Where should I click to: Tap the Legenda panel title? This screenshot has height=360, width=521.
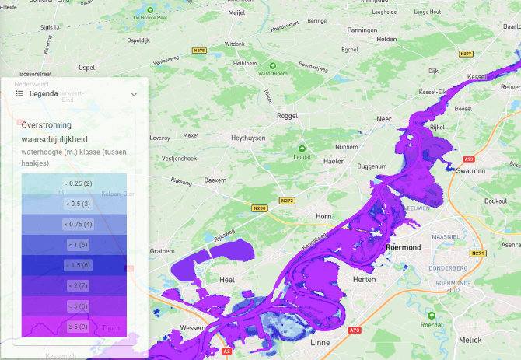[x=44, y=93]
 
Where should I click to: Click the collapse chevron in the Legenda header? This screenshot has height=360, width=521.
[x=134, y=94]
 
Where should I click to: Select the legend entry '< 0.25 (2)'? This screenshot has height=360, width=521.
[x=77, y=183]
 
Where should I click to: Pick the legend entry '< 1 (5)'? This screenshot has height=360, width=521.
[x=77, y=245]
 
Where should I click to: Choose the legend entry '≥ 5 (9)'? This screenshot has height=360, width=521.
[x=77, y=326]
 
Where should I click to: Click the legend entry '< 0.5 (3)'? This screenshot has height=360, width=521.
[x=77, y=204]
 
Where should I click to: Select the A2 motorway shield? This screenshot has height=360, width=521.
[x=226, y=351]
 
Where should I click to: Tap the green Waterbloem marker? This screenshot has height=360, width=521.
[x=272, y=65]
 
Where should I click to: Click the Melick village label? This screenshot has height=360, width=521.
[x=492, y=340]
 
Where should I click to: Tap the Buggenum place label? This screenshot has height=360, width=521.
[x=372, y=166]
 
